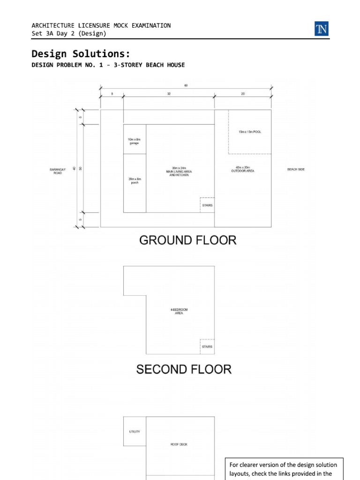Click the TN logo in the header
(322, 30)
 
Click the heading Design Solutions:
(81, 53)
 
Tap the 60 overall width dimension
(186, 85)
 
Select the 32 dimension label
(169, 94)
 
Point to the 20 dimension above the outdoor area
(243, 94)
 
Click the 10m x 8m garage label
(134, 141)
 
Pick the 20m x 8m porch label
(134, 181)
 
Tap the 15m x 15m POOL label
(249, 132)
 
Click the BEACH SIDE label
(296, 169)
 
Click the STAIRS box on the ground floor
(207, 205)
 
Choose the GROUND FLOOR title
(187, 241)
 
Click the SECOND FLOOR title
(184, 369)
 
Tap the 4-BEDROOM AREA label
(179, 311)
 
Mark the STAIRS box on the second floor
(207, 346)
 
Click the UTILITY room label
(134, 432)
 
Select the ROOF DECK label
(179, 444)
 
